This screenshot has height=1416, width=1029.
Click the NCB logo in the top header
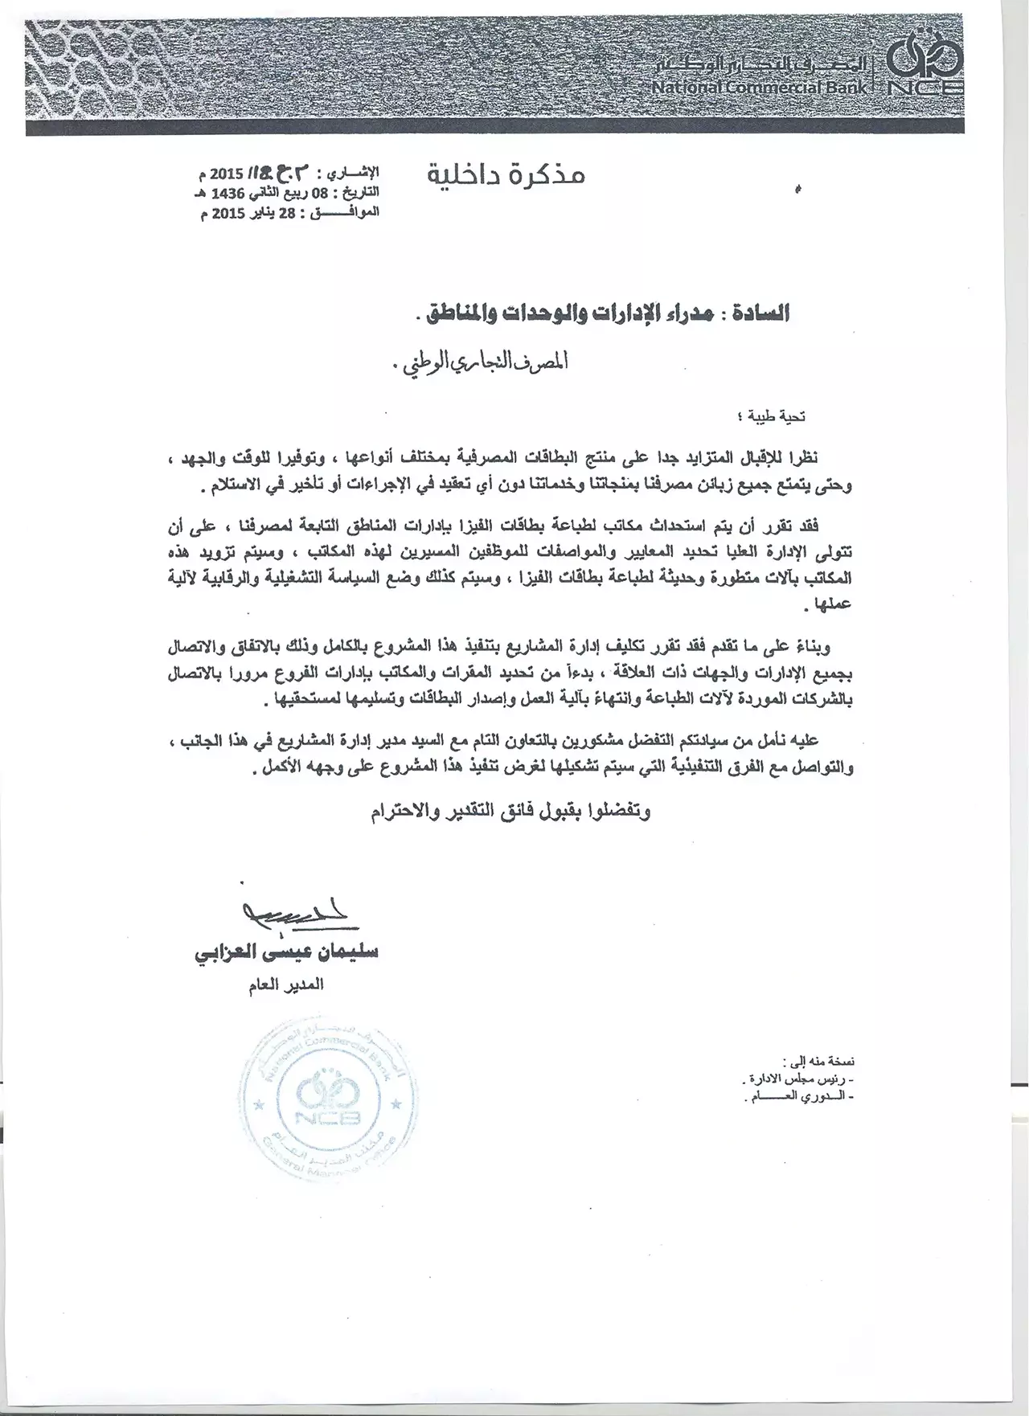point(925,68)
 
